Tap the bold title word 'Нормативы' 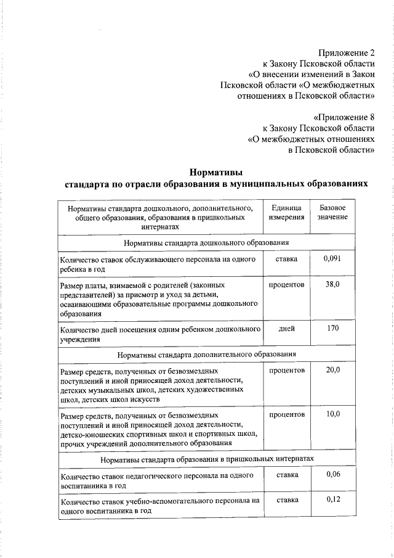[216, 172]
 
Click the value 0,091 [332, 259]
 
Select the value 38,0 [332, 284]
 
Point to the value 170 [332, 328]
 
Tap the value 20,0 [332, 370]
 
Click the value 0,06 [332, 474]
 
